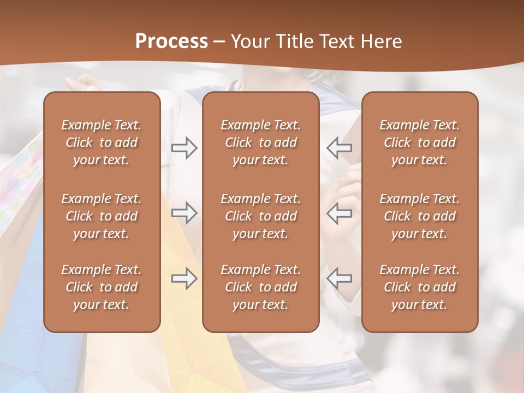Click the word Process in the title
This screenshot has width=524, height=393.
[x=171, y=41]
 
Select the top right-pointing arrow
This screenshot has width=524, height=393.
[x=184, y=148]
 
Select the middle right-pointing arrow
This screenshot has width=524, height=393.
[x=184, y=213]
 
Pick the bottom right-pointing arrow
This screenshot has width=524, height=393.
[x=184, y=278]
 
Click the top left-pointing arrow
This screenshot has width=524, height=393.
[x=340, y=148]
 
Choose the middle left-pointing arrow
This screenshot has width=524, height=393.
[x=340, y=213]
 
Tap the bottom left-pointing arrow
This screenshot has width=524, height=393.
[x=340, y=278]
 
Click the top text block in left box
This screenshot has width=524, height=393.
[x=102, y=142]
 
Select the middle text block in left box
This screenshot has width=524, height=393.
[x=102, y=216]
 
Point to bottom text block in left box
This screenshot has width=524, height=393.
[x=102, y=287]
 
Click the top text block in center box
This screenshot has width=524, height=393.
[x=260, y=142]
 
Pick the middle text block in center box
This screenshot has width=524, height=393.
[x=260, y=216]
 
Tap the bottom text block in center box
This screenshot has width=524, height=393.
[x=260, y=287]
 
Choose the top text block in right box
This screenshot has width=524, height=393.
[x=419, y=142]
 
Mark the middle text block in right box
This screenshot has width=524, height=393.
[x=419, y=216]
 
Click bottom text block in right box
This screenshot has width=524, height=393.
[x=419, y=287]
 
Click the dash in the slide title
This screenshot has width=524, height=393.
[x=219, y=42]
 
